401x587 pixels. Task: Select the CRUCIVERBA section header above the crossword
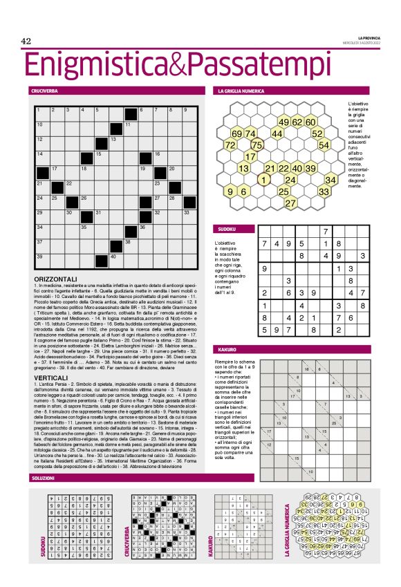pos(44,91)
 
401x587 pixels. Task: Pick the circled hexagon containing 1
pos(263,180)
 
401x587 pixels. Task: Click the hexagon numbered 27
pos(290,203)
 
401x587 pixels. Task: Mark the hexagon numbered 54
pos(324,145)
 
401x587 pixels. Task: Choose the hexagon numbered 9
pos(230,191)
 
